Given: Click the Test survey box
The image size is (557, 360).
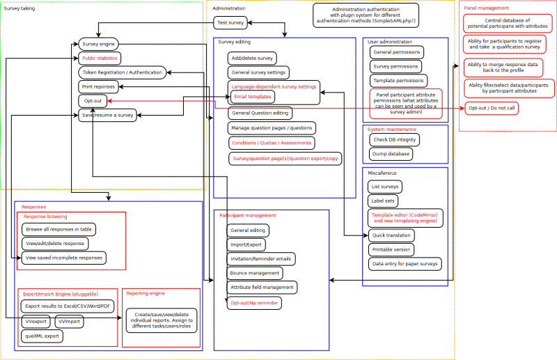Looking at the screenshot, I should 230,22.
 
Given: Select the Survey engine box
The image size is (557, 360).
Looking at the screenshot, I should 98,44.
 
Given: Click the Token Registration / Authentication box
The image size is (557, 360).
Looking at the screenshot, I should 121,72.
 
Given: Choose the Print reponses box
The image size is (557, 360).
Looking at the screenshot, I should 97,86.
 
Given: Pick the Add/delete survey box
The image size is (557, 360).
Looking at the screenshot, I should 252,57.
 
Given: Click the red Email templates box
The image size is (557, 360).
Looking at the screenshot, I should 253,96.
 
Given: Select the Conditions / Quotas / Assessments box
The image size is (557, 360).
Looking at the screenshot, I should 271,143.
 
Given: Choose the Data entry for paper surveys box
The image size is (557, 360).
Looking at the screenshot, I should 405,264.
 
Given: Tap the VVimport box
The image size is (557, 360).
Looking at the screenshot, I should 70,322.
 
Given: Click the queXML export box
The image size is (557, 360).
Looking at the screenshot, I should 42,336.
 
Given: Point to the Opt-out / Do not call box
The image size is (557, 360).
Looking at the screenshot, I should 492,109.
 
